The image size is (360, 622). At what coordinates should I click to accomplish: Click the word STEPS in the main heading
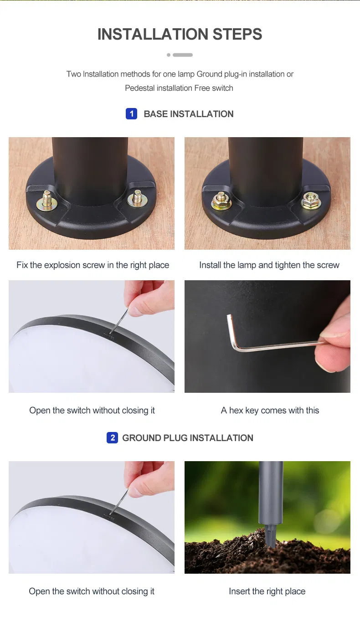[237, 34]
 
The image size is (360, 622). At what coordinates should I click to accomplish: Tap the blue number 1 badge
[131, 114]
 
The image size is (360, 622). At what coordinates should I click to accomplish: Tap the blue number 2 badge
[112, 438]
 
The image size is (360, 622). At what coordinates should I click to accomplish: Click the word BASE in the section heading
[155, 114]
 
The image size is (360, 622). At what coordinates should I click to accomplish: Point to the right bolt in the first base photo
[138, 198]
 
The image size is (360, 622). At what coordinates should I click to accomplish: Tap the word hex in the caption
[236, 411]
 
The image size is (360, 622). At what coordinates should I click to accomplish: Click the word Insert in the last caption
[239, 591]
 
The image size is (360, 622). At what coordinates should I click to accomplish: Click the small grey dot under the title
[169, 55]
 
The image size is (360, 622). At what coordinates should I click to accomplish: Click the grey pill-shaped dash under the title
[183, 55]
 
